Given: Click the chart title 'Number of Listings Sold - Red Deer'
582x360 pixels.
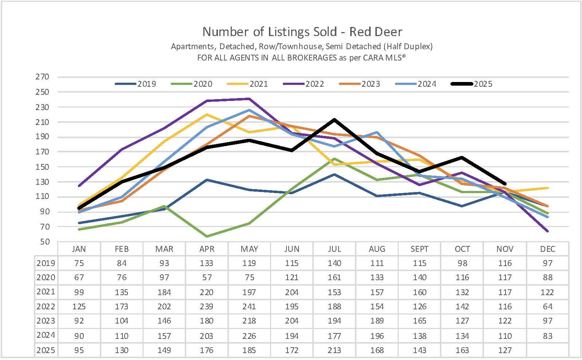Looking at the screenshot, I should [302, 32].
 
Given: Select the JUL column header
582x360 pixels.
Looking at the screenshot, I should [334, 249].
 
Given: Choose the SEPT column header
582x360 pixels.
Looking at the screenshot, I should [419, 249].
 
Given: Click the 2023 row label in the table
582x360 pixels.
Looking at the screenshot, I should [46, 321].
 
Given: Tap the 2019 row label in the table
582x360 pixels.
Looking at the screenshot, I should [46, 263].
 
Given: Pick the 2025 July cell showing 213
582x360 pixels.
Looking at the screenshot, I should [334, 350].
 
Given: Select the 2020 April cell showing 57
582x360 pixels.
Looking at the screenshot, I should [207, 278].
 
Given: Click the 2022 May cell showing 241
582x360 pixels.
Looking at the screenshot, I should [249, 306].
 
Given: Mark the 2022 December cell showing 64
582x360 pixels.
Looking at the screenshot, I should [547, 306].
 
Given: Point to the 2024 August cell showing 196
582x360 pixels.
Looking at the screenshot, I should [377, 336].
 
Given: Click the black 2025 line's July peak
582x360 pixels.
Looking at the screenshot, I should [334, 120].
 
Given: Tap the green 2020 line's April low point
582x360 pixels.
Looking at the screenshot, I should [207, 236].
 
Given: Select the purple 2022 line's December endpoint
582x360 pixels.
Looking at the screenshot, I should [547, 231].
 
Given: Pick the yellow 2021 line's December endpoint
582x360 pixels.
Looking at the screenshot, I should [547, 188].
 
